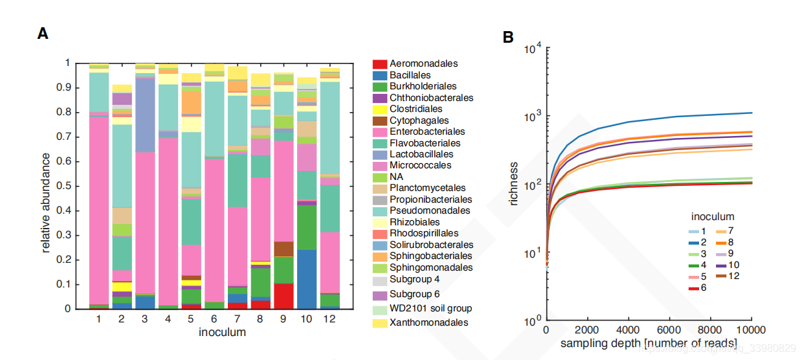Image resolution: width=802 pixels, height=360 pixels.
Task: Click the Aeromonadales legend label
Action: [x=424, y=63]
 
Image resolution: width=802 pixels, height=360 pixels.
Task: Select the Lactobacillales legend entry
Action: [x=421, y=154]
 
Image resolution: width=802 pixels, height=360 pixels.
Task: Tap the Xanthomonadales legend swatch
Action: [x=380, y=322]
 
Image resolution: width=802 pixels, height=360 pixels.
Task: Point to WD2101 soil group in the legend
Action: [x=430, y=308]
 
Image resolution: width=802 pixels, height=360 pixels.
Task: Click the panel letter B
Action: [x=508, y=38]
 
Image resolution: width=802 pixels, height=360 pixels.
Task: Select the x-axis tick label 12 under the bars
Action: [x=330, y=319]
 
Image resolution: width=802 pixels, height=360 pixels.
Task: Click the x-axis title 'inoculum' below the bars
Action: [x=222, y=333]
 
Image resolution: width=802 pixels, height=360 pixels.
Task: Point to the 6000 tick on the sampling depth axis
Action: [x=669, y=330]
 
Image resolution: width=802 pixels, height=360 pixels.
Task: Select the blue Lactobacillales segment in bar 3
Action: [x=144, y=115]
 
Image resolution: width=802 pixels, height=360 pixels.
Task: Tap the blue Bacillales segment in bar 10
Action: [x=307, y=278]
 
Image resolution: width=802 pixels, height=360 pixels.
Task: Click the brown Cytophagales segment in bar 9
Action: [x=284, y=249]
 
